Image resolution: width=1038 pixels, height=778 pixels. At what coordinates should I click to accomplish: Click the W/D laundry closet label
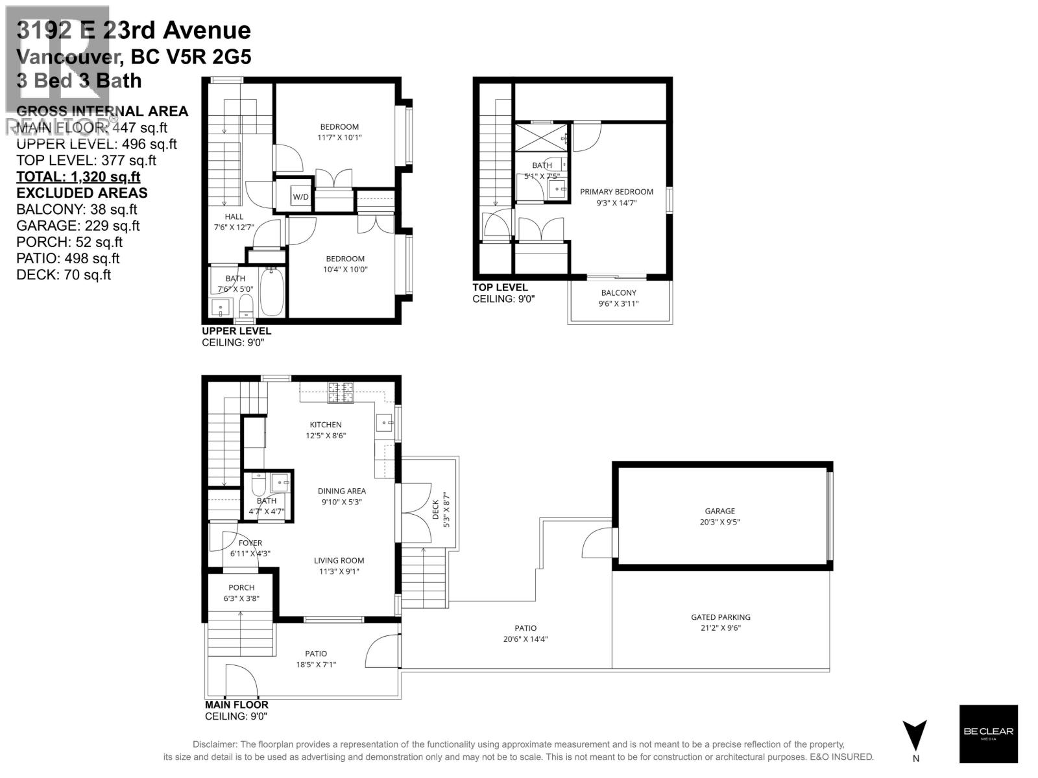coord(300,196)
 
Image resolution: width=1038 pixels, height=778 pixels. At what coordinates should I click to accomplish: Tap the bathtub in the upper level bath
coord(272,292)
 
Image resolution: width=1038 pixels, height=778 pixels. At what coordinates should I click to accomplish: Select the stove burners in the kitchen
coord(341,393)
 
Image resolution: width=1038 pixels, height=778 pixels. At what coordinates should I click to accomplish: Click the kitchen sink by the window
coord(385,423)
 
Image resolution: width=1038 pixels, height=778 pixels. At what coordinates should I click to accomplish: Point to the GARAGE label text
coord(720,511)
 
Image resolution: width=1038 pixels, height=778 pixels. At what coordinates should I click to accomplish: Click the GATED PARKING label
coord(720,617)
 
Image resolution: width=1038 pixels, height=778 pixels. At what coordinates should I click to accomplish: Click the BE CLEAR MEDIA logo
coord(988,733)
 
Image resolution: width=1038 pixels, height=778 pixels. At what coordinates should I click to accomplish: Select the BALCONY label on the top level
coord(618,292)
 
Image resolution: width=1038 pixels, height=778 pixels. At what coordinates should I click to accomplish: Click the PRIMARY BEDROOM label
coord(616,191)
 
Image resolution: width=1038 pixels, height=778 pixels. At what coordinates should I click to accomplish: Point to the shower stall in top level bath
coord(541,138)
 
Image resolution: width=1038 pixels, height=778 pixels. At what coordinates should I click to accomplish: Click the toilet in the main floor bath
coord(258,484)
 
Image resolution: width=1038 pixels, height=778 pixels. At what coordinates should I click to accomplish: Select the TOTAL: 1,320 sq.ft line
coord(78,177)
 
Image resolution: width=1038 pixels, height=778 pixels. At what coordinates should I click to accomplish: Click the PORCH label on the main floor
coord(241,587)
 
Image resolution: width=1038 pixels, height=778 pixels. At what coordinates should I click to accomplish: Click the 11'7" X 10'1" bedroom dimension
coord(339,137)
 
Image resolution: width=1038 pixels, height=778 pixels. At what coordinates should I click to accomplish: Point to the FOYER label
coord(250,543)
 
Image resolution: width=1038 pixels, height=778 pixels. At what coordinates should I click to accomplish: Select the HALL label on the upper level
coord(234,217)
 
